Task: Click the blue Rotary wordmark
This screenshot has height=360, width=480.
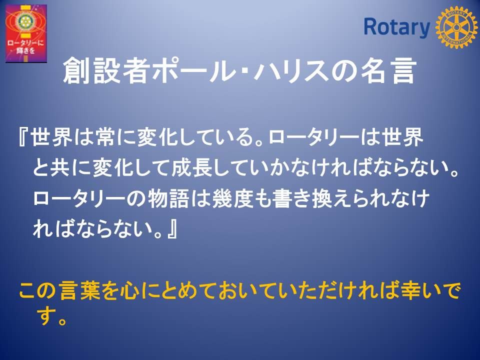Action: click(396, 27)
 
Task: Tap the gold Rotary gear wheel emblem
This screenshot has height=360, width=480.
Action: click(456, 27)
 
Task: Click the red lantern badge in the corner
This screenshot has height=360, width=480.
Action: click(26, 33)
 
